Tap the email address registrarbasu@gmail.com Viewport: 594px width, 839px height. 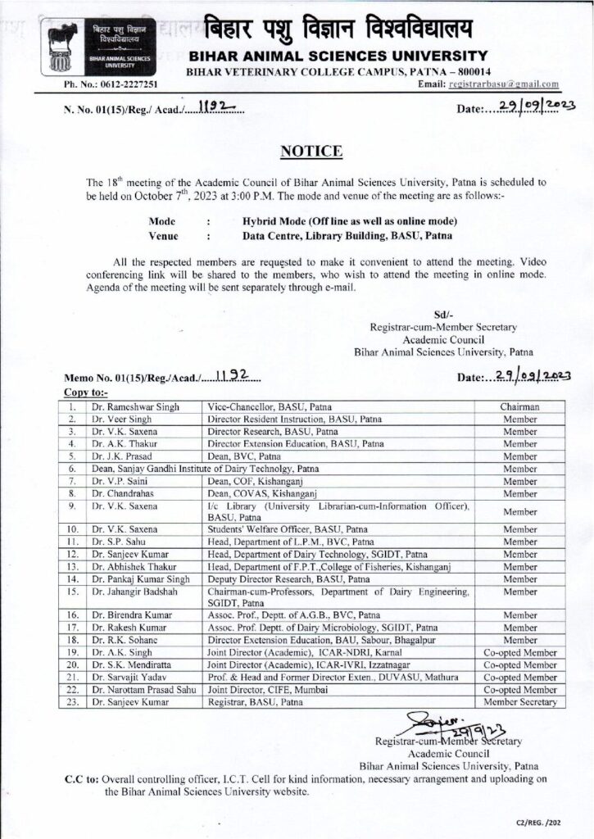[x=509, y=84]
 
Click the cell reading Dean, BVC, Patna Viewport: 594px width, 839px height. [x=244, y=456]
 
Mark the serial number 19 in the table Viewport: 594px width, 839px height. [x=73, y=653]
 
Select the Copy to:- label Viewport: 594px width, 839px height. [x=85, y=393]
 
